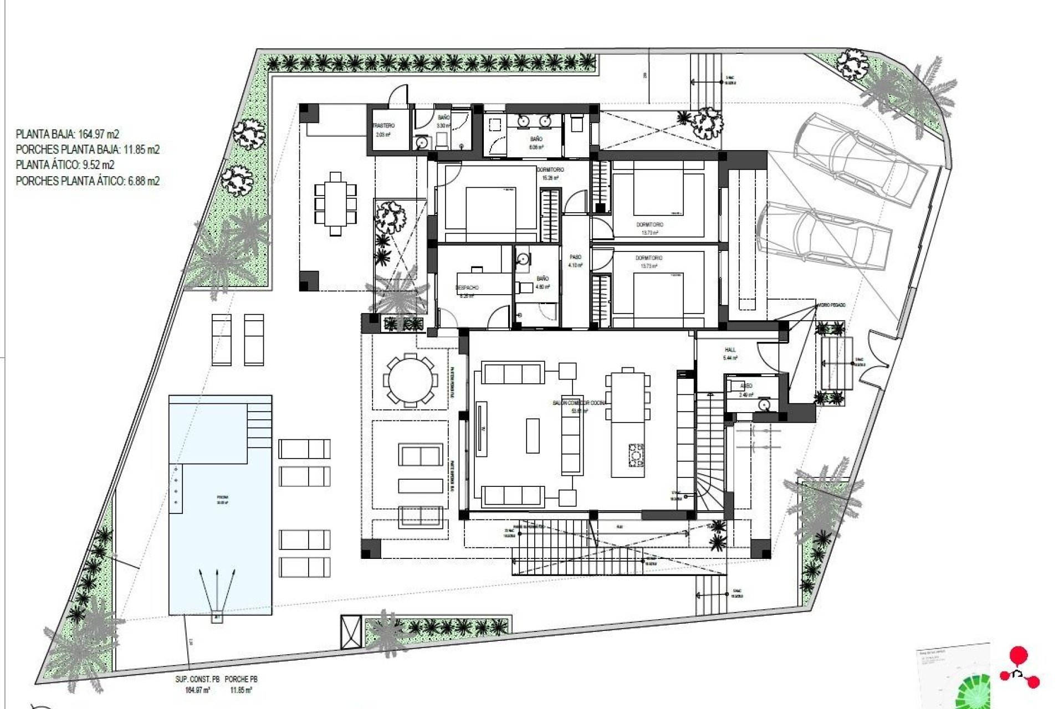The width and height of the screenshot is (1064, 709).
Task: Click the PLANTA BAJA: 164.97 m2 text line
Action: [x=67, y=134]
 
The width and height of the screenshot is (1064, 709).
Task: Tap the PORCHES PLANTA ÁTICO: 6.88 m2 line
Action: [x=88, y=181]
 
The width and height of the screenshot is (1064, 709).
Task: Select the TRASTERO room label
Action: [x=383, y=126]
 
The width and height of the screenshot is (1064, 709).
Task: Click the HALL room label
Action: [x=730, y=350]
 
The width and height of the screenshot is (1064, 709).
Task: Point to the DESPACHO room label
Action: [x=467, y=288]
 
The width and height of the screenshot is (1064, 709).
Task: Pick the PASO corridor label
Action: [x=575, y=258]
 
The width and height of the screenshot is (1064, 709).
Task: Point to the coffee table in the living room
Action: [x=532, y=436]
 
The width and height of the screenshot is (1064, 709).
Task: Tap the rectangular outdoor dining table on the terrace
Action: [x=335, y=203]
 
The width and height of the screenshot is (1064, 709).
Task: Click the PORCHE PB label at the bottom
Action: [x=241, y=679]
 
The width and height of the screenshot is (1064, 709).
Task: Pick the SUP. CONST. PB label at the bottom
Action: [x=193, y=679]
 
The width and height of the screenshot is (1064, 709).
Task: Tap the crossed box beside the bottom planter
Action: [x=351, y=631]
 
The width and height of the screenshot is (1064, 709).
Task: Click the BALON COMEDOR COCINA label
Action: [x=579, y=403]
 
